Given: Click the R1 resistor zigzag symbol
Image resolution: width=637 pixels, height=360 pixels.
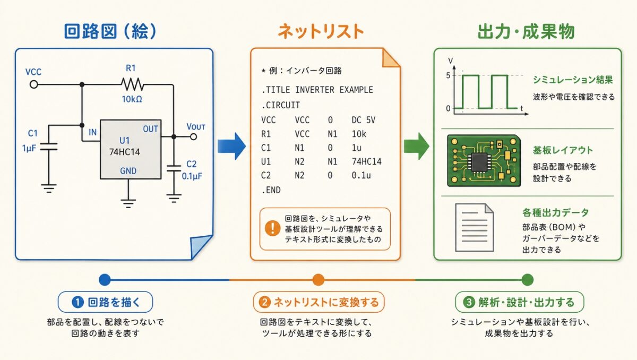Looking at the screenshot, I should pos(132,84).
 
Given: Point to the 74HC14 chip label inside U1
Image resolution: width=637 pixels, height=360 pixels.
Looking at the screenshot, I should pos(123,151).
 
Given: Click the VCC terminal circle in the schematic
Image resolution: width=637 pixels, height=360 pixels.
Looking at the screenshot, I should pos(33,84).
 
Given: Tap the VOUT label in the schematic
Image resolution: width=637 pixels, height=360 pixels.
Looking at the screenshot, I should pos(196,127).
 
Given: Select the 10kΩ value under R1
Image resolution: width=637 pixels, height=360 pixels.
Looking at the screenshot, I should pos(131,99).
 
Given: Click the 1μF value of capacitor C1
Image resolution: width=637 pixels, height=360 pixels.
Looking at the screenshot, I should pos(29,148).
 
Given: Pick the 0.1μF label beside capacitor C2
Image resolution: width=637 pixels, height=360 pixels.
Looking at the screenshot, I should pos(192,175).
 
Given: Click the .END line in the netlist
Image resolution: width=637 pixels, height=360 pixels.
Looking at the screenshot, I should pos(271,190).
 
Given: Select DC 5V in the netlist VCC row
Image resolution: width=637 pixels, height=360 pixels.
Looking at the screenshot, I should pos(364,120).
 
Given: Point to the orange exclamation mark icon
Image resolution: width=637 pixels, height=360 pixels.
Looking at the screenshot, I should pos(272,228).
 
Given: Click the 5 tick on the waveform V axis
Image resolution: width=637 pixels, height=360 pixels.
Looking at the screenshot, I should pos(449,75).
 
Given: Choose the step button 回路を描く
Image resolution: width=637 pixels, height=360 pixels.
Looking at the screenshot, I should pos(105,302).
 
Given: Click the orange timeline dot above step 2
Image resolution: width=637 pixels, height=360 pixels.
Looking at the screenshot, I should pos(318,279).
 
